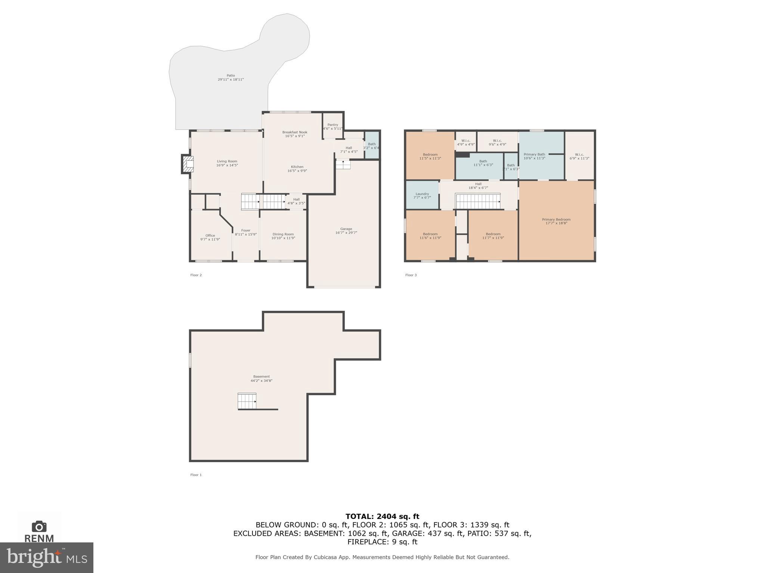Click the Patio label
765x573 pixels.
[x=230, y=77]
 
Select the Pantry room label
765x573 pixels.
[x=332, y=126]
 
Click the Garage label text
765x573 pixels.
[x=346, y=231]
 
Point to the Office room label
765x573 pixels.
[x=210, y=237]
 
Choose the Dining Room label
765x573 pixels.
[x=283, y=236]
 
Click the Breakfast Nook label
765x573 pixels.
[x=295, y=134]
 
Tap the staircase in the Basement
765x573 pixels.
[x=247, y=401]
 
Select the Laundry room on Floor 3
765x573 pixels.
[x=422, y=195]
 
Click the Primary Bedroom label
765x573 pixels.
[x=556, y=221]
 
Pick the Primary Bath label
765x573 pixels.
[x=534, y=156]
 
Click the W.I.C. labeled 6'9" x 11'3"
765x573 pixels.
[x=579, y=156]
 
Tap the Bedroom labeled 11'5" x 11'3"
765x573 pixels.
[x=430, y=156]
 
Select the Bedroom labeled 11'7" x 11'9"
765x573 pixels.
[x=493, y=236]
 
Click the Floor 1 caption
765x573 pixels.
[x=196, y=475]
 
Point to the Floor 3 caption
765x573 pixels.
[x=411, y=275]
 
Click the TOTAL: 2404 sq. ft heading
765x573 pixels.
[x=382, y=516]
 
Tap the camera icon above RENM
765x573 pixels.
[x=39, y=526]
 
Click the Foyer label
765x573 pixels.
[x=245, y=232]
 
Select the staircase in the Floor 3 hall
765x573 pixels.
[x=477, y=201]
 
